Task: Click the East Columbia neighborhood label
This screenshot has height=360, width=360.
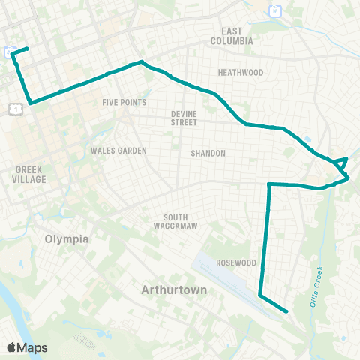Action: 237,36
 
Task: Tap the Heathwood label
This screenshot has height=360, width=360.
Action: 240,73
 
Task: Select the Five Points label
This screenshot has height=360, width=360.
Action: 124,102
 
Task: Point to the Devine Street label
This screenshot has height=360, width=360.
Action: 184,118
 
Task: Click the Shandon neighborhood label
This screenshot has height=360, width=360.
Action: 208,153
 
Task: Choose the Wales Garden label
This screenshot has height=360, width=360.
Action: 118,151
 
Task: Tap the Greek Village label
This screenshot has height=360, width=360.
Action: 30,175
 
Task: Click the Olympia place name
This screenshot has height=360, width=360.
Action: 67,239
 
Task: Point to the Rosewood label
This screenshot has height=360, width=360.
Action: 236,263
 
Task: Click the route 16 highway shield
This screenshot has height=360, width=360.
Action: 275,10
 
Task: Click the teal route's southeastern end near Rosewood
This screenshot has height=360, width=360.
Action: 287,310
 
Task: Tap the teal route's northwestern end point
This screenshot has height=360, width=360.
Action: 27,49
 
